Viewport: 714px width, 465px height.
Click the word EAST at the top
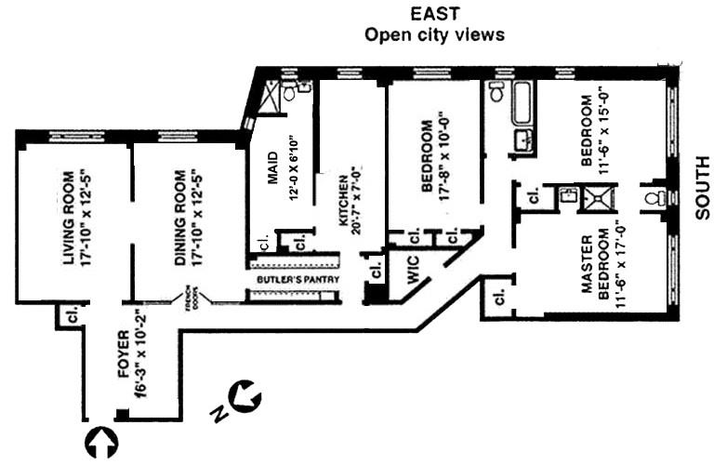point(434,15)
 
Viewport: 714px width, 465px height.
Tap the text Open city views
point(434,35)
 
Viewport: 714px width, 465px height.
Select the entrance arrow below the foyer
point(101,443)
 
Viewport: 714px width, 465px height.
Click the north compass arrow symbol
point(246,397)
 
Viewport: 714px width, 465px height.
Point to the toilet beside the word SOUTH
point(656,197)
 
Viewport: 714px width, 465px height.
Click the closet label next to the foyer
point(71,315)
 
